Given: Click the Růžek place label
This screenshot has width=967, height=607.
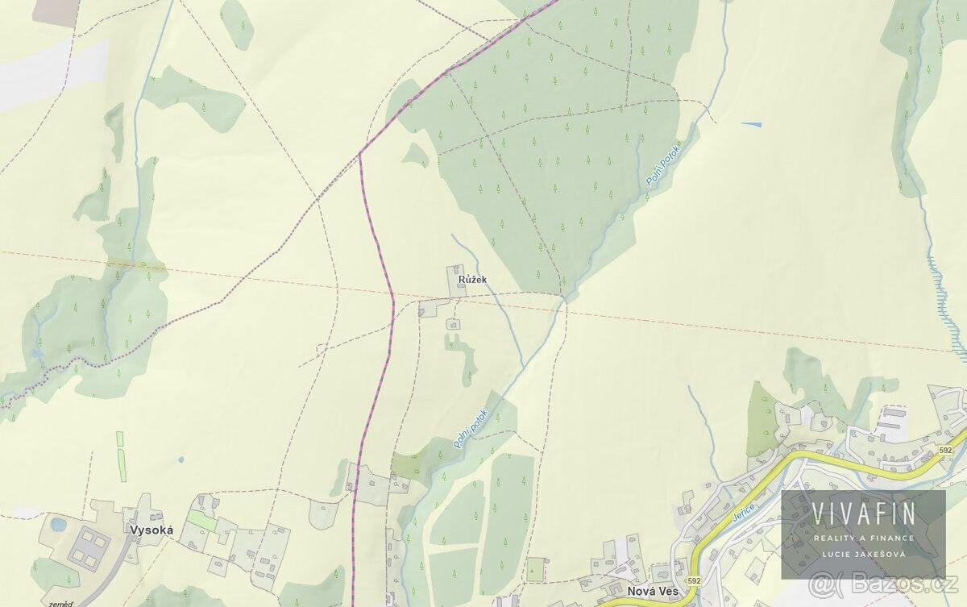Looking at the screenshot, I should point(473,279).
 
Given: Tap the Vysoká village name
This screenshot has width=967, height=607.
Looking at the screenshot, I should point(150,530).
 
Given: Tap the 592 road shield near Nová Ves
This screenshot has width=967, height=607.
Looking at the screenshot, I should point(695,580).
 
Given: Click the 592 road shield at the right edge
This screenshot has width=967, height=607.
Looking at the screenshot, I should point(945,449).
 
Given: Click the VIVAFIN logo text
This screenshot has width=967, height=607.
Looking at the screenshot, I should point(863,513).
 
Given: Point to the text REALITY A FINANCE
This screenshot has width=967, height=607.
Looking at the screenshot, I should point(863,538).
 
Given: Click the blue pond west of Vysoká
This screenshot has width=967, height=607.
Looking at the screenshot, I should point(59,524).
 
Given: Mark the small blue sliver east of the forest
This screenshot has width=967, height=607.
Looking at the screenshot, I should point(750,123).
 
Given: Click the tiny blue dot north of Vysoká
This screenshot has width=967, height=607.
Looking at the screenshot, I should point(181,459).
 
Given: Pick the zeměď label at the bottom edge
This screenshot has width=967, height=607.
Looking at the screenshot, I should point(60,602).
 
